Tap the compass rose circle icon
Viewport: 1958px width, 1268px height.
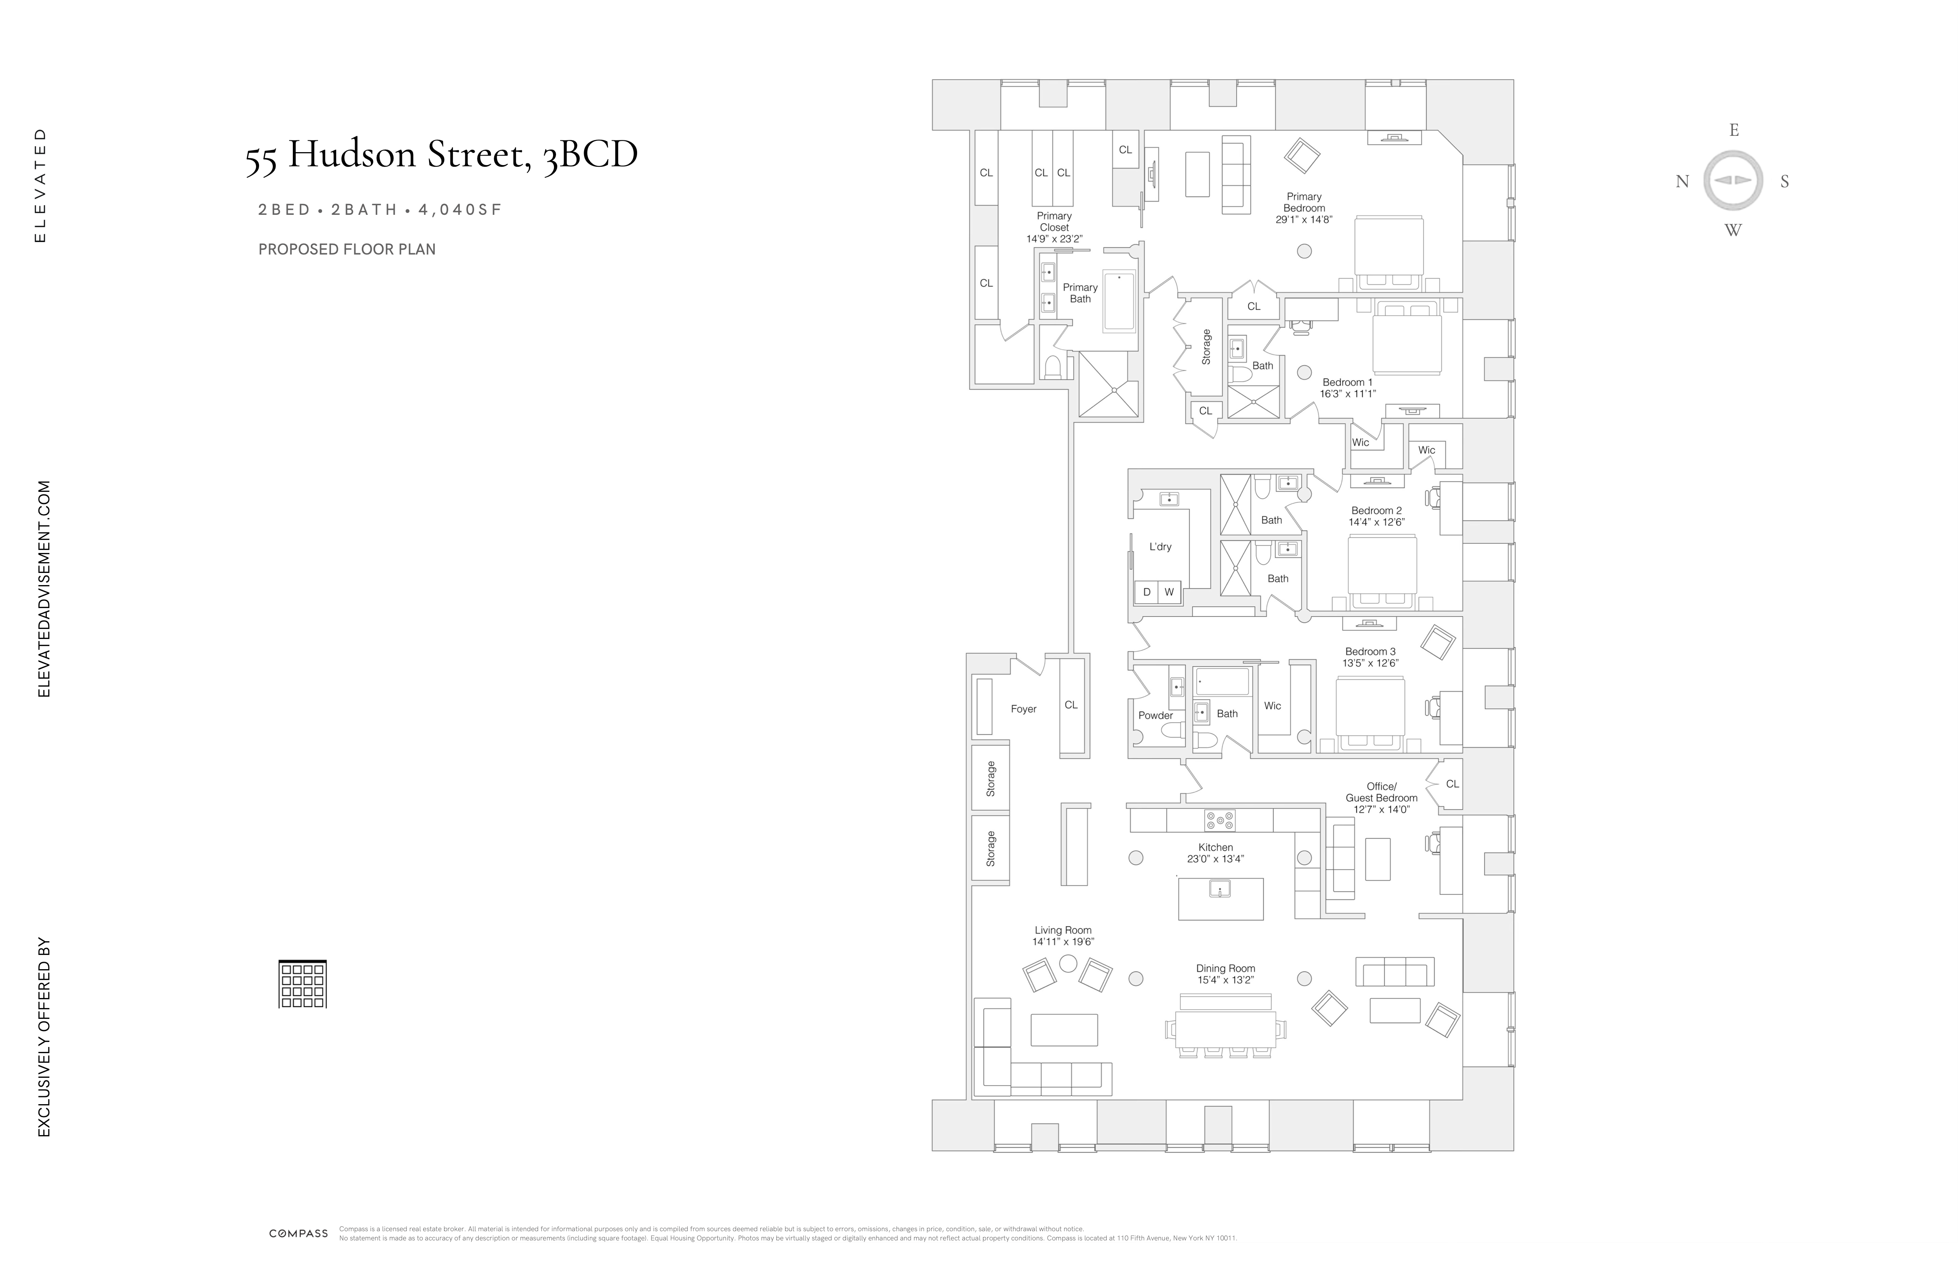pyautogui.click(x=1732, y=180)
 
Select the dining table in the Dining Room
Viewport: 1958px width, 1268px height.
pyautogui.click(x=1225, y=1029)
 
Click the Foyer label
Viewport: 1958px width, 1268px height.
pyautogui.click(x=1023, y=708)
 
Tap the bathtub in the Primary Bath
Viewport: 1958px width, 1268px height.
pyautogui.click(x=1119, y=301)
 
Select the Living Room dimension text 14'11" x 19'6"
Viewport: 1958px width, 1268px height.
pyautogui.click(x=1063, y=941)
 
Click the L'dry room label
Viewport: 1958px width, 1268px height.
pyautogui.click(x=1160, y=546)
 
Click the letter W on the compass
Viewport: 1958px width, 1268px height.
pyautogui.click(x=1732, y=230)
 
